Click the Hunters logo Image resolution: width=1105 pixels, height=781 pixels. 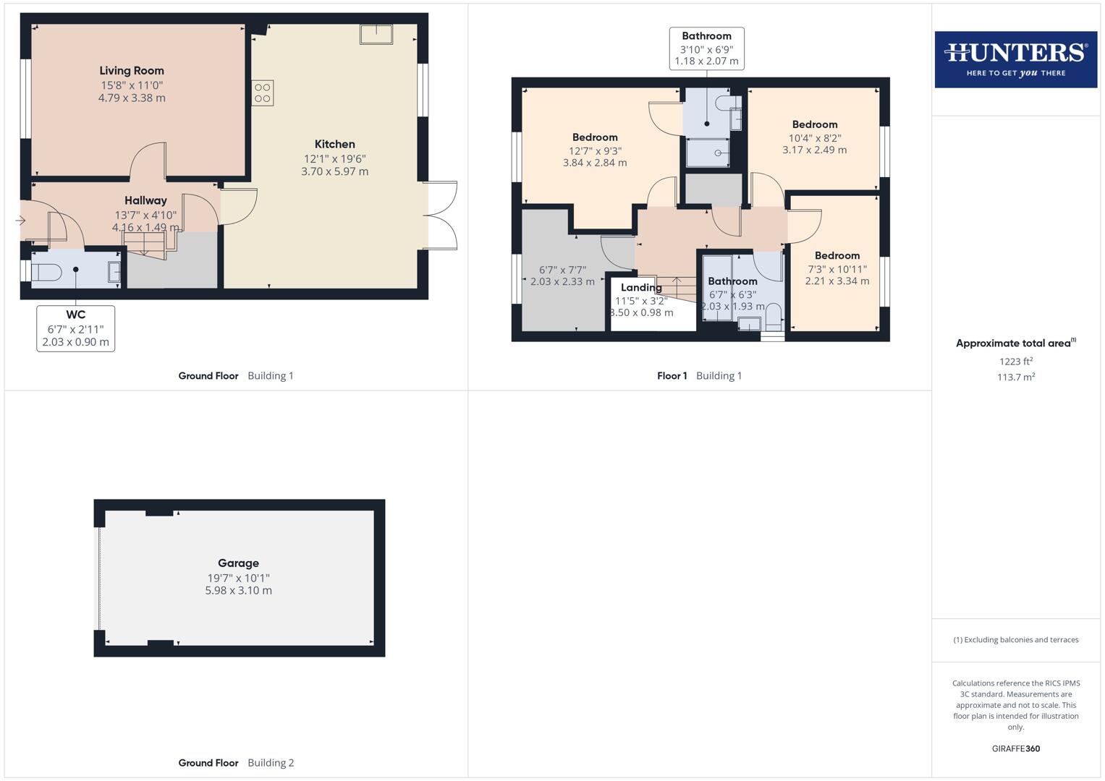(1015, 59)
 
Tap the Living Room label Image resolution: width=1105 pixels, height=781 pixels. (132, 71)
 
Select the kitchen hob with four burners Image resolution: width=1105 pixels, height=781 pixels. (263, 93)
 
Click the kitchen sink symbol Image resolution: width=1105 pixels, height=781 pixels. (376, 34)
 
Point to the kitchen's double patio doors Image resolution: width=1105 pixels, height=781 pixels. (441, 215)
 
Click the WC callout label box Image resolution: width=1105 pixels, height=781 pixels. (76, 328)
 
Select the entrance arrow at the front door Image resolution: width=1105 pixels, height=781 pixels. (20, 221)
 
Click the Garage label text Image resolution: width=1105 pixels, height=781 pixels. (238, 563)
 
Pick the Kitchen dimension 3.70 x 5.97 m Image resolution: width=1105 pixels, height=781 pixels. (334, 172)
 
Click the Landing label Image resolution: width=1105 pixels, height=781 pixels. (641, 288)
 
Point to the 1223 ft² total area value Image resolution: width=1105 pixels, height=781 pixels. (1015, 362)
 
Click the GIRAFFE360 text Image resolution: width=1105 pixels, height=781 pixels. (1015, 748)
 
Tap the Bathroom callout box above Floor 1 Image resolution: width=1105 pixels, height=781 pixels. (706, 48)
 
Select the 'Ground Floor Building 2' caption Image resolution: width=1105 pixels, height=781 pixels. (236, 763)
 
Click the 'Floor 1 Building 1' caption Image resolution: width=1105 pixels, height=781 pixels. (699, 376)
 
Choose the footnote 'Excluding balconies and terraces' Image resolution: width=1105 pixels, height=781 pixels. (1015, 640)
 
